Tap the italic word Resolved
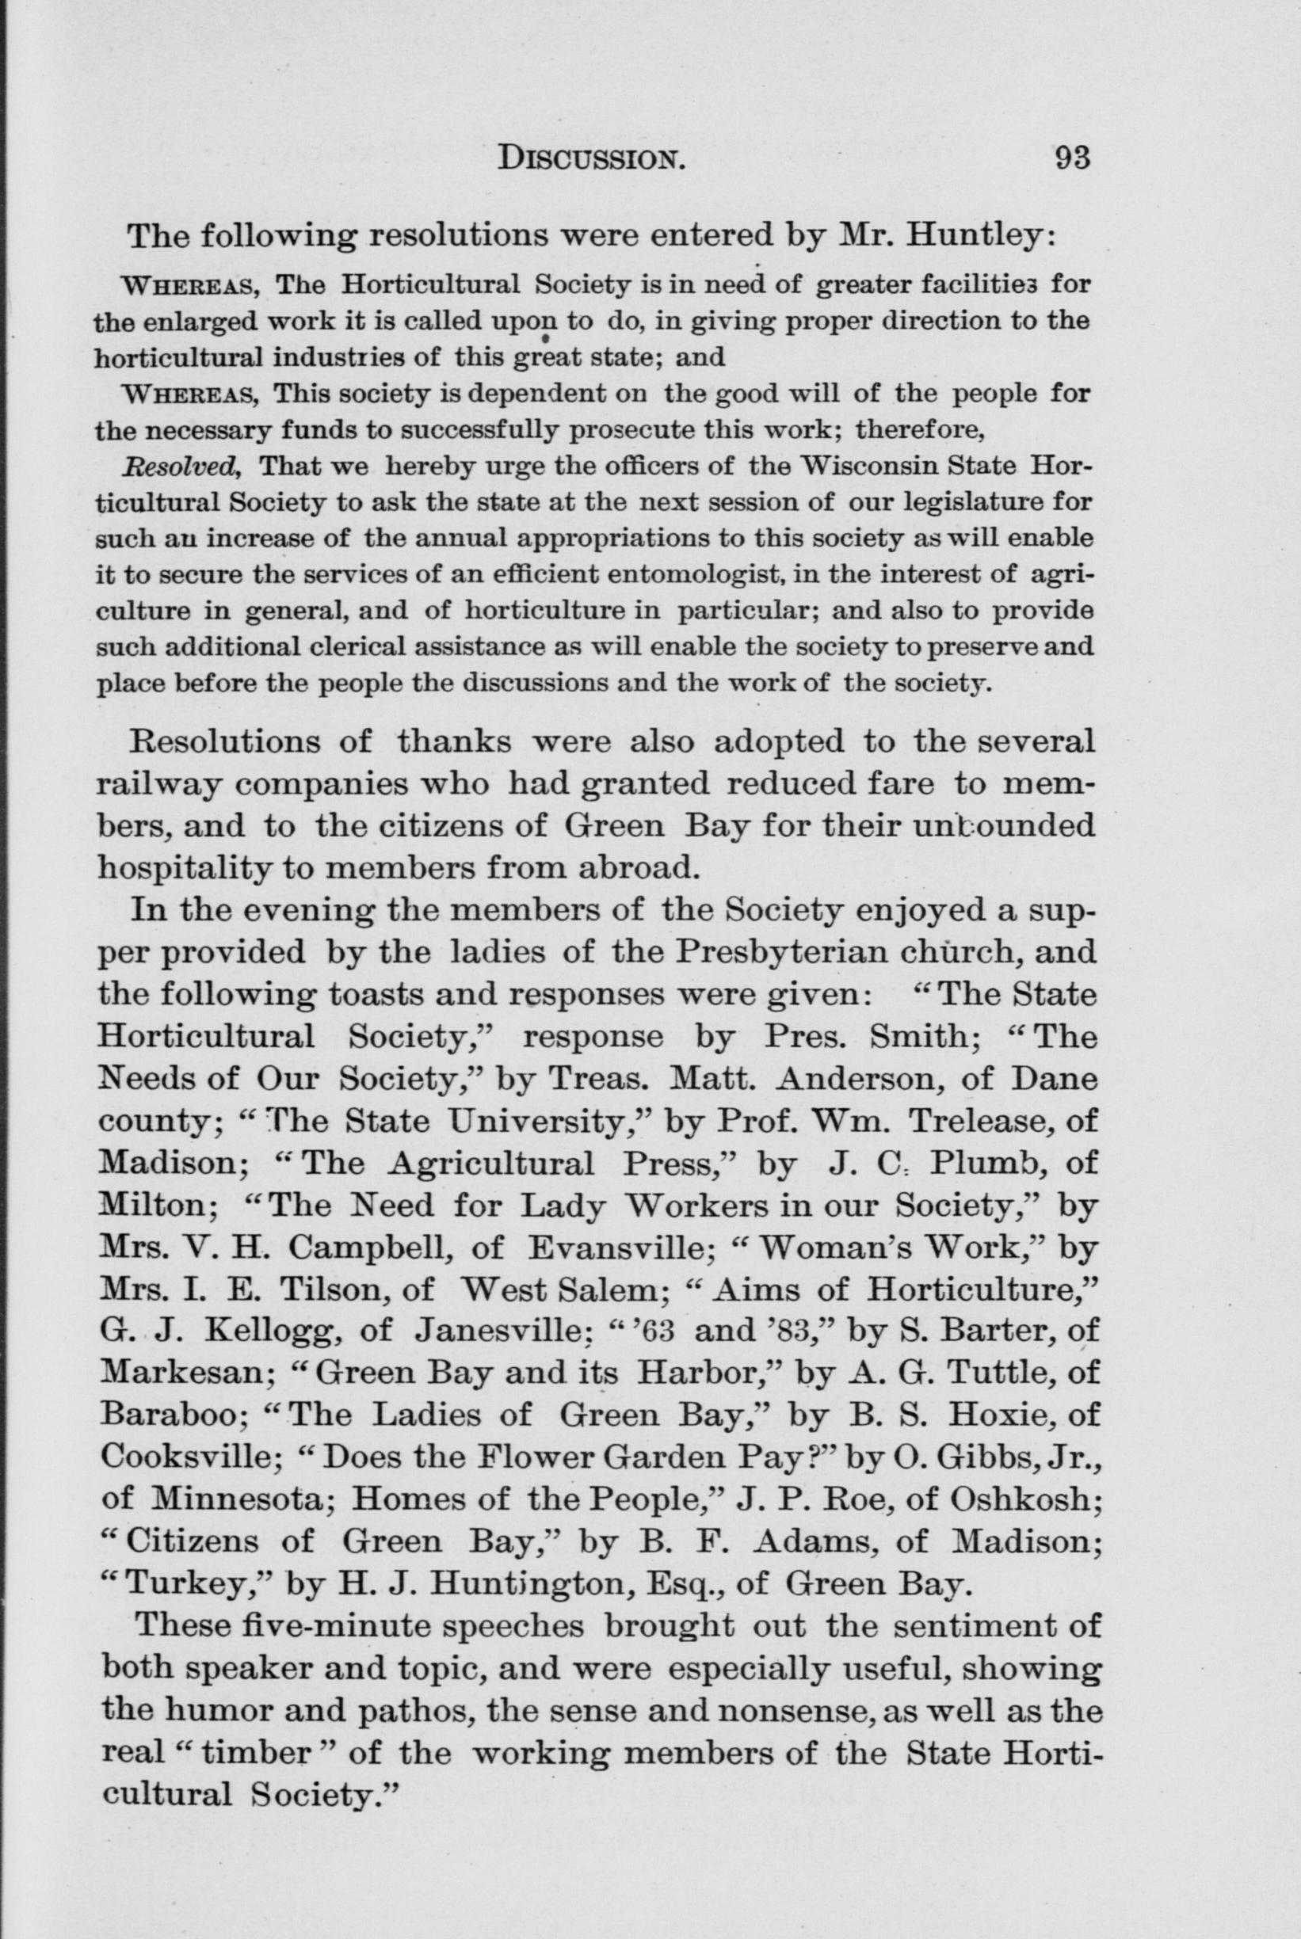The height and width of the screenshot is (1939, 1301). coord(181,465)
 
